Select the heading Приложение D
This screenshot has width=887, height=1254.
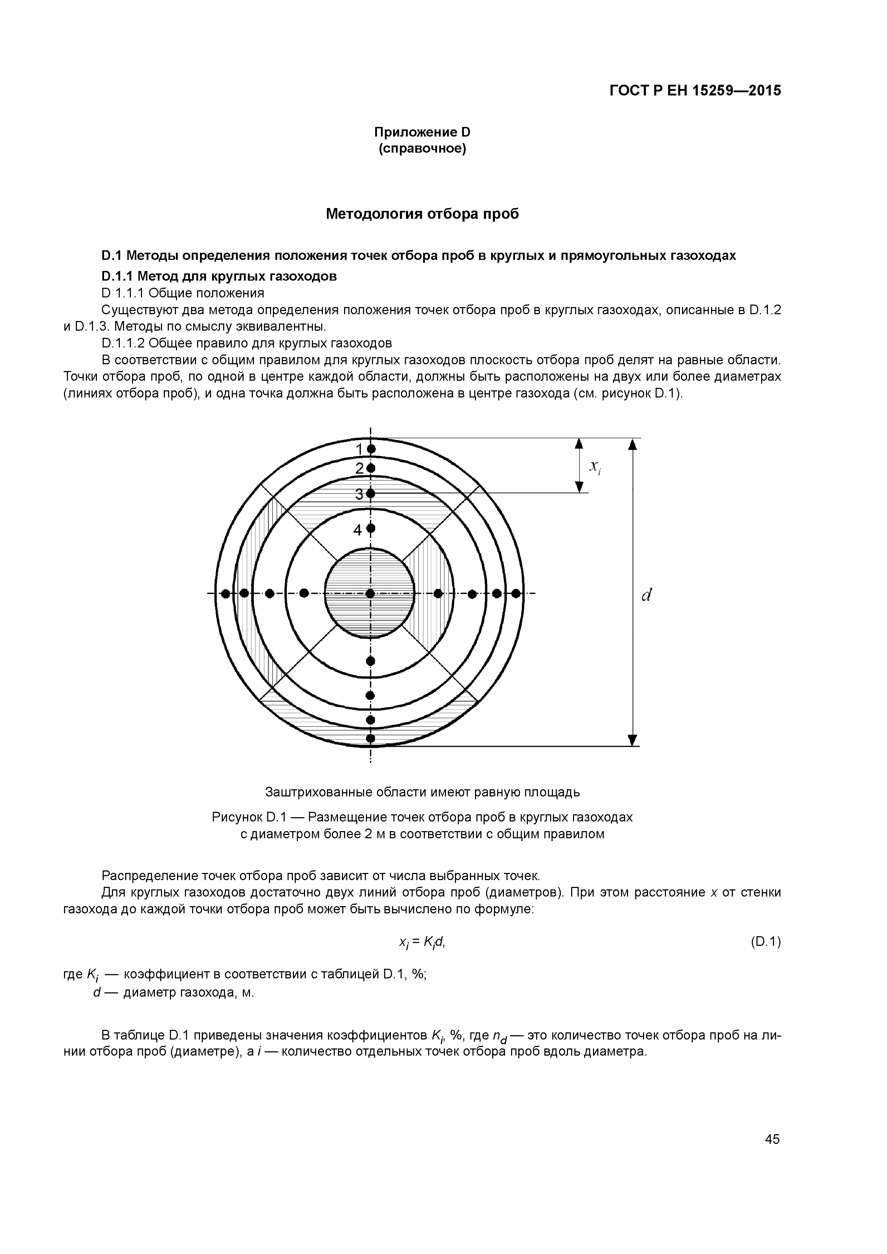(x=422, y=132)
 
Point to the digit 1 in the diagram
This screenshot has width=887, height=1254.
(x=359, y=449)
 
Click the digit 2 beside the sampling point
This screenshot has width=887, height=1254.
(x=359, y=468)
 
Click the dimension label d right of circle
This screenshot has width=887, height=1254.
(x=647, y=595)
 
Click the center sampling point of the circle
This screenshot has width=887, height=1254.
(x=371, y=593)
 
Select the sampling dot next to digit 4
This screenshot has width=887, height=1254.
(x=371, y=528)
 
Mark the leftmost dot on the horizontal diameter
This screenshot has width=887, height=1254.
(x=225, y=593)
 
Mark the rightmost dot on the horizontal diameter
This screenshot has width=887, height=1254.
(x=516, y=593)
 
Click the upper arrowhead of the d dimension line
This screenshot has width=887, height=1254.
(x=632, y=445)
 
